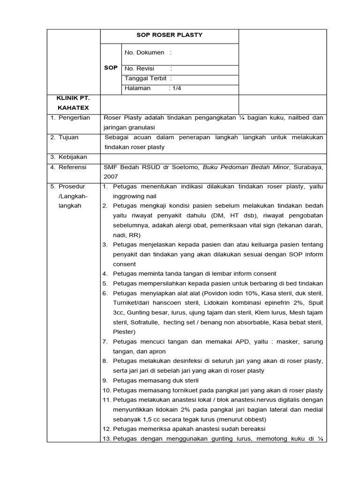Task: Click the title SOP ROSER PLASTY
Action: click(x=169, y=35)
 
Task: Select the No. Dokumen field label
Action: click(x=144, y=52)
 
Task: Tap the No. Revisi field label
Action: click(x=139, y=68)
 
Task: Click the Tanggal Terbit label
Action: click(x=146, y=78)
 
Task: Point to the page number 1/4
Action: click(x=176, y=88)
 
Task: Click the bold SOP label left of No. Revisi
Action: click(x=111, y=68)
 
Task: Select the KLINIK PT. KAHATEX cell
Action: click(x=73, y=103)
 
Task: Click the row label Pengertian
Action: click(x=74, y=118)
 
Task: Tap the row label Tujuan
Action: click(x=68, y=137)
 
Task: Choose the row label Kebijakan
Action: click(x=73, y=157)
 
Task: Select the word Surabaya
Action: click(x=308, y=167)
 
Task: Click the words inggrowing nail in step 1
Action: click(x=135, y=196)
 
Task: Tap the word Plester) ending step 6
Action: click(x=124, y=332)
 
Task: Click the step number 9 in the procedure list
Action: click(x=105, y=381)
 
